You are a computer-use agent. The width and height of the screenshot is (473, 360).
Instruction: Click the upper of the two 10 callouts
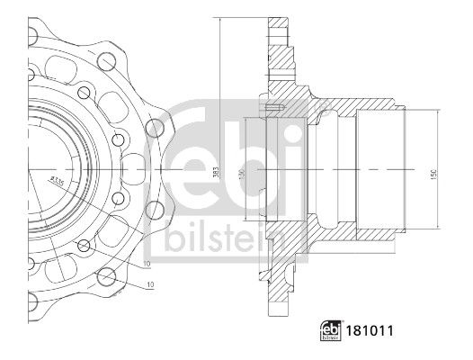[146, 264]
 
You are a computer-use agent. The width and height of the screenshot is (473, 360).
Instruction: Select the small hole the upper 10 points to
[84, 245]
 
